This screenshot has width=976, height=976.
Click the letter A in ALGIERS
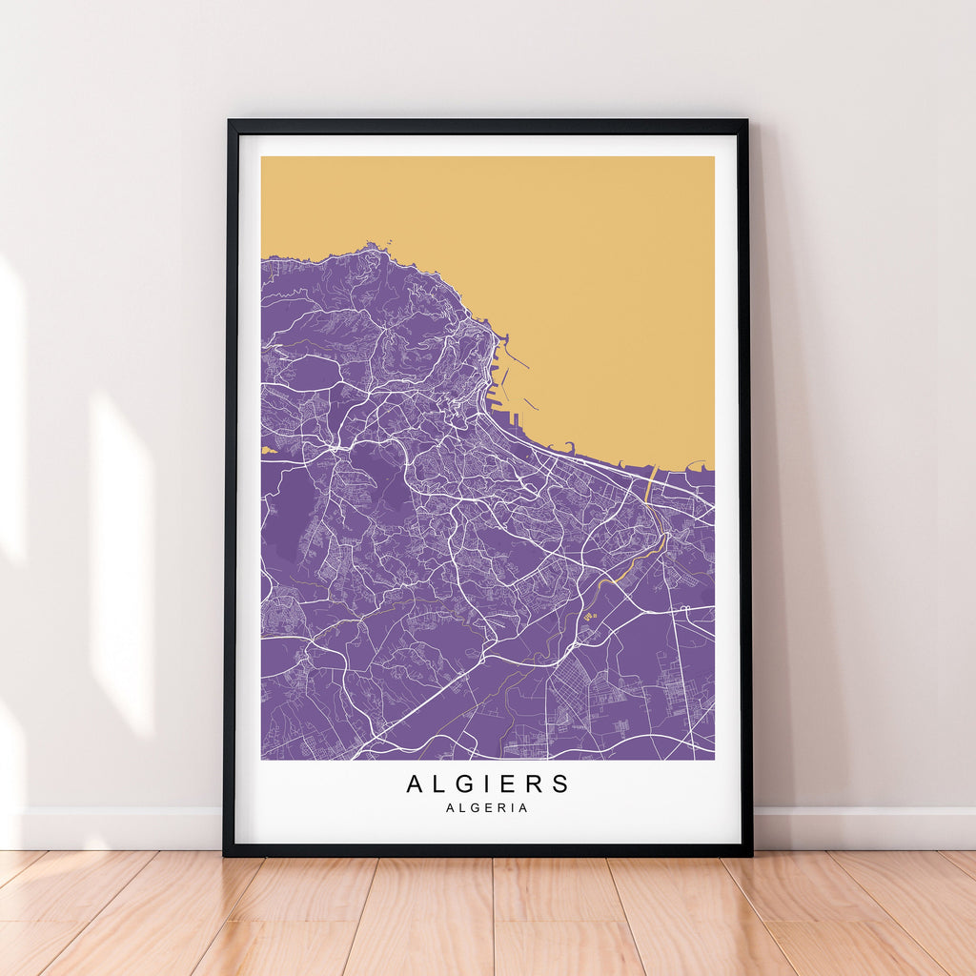pyautogui.click(x=415, y=784)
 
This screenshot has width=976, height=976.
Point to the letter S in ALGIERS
pyautogui.click(x=560, y=784)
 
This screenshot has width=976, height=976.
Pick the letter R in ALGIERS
pyautogui.click(x=536, y=784)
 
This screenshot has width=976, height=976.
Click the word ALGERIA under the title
pyautogui.click(x=487, y=808)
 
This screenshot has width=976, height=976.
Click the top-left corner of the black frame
pyautogui.click(x=229, y=122)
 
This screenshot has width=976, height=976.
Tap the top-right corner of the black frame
pyautogui.click(x=745, y=122)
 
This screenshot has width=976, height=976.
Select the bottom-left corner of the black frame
pyautogui.click(x=226, y=853)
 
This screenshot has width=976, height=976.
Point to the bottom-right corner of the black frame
pyautogui.click(x=750, y=853)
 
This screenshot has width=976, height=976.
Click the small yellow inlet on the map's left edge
pyautogui.click(x=267, y=448)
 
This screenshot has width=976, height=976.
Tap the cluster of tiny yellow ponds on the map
pyautogui.click(x=590, y=618)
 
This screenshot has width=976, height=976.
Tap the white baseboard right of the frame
pyautogui.click(x=863, y=827)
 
